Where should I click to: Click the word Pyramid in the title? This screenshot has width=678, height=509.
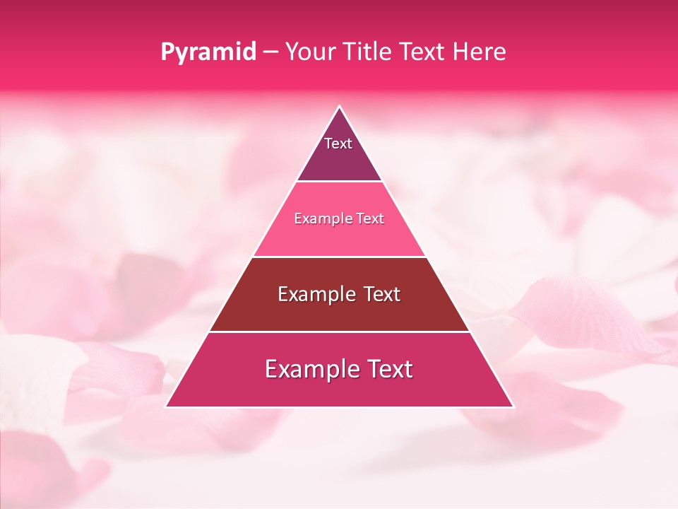tap(208, 52)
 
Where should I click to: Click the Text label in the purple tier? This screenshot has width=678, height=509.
tap(338, 144)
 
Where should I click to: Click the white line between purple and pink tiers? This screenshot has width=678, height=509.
tap(339, 182)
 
